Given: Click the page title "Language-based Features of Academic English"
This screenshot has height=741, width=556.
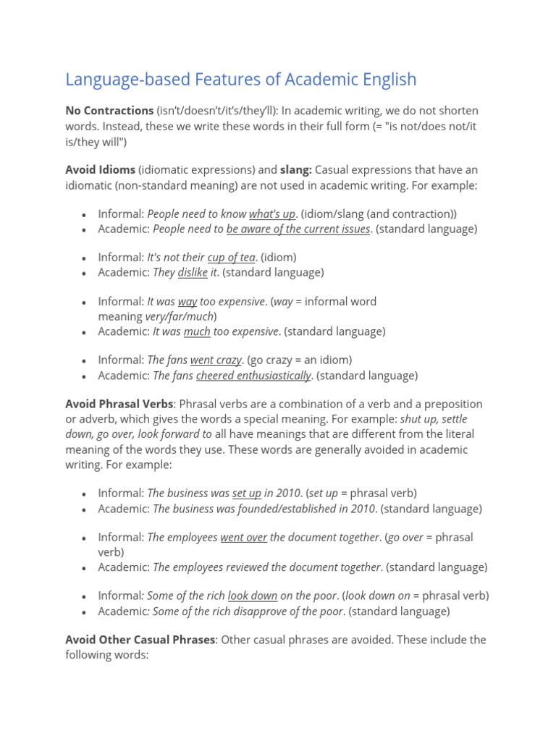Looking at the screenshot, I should (240, 79).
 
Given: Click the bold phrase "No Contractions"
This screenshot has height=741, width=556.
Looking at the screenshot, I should (109, 111).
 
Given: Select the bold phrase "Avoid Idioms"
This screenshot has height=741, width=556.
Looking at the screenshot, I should (100, 169).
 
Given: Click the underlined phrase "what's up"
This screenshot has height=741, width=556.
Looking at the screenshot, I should (272, 213).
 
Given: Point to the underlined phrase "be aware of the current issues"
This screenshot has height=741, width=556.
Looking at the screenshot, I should (298, 229).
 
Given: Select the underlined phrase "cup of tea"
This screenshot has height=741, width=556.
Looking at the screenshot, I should (231, 257).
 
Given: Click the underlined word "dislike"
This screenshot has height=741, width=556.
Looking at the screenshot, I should (193, 272).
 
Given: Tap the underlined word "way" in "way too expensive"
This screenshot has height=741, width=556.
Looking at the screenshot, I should (188, 301).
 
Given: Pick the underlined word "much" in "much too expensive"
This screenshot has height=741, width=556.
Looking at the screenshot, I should (197, 331).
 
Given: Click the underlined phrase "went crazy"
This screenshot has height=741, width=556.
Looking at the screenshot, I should (216, 360).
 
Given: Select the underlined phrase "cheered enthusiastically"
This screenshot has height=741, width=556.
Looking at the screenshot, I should (253, 376).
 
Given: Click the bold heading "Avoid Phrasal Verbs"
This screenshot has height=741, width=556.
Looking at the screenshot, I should (119, 404).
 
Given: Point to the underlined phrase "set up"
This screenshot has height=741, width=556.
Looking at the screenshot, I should (246, 493).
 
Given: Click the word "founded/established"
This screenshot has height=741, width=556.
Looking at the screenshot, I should (282, 509).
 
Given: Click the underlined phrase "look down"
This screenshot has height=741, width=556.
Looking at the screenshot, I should (253, 596).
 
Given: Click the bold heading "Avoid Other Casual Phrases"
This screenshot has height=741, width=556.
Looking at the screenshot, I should (140, 640).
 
